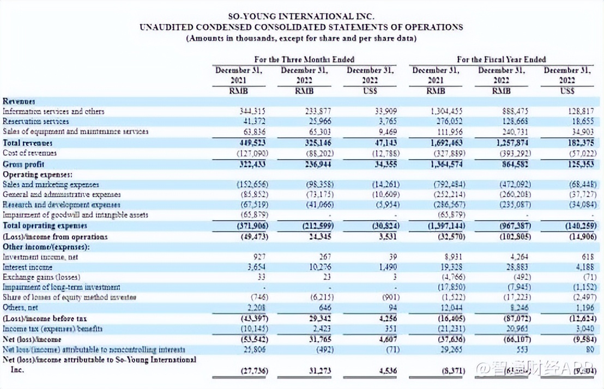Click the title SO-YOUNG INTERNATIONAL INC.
pyautogui.click(x=301, y=16)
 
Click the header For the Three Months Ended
pyautogui.click(x=304, y=59)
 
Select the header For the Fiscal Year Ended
pyautogui.click(x=501, y=59)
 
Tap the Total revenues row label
pyautogui.click(x=28, y=143)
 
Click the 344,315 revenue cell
pyautogui.click(x=252, y=111)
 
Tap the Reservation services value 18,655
pyautogui.click(x=581, y=121)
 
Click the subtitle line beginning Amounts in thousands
pyautogui.click(x=301, y=38)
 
